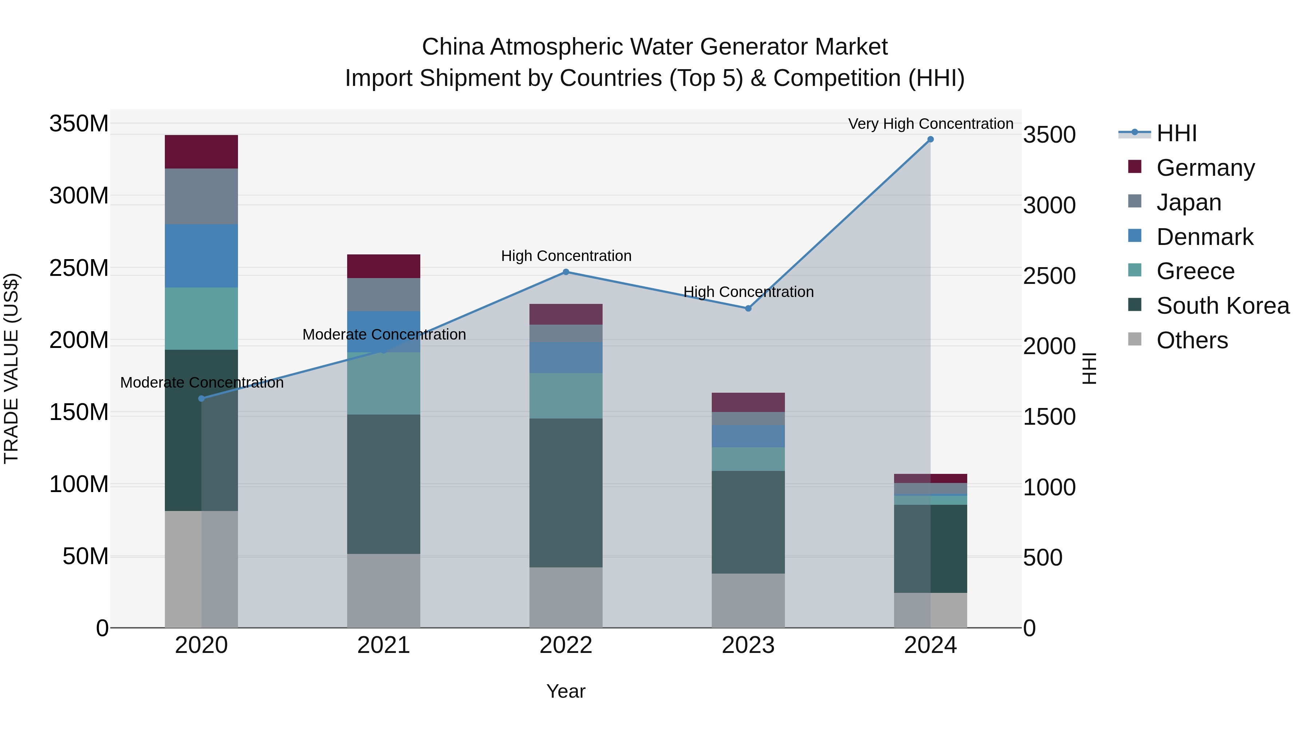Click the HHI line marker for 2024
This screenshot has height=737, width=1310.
click(930, 139)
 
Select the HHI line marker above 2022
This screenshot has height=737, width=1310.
click(566, 272)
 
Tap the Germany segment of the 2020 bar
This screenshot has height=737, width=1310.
click(201, 151)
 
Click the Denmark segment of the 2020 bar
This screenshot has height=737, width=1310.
click(201, 256)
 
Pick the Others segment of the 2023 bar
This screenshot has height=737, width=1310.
click(748, 600)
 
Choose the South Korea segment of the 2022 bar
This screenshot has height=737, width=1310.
click(566, 493)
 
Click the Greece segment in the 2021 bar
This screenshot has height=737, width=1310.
click(384, 384)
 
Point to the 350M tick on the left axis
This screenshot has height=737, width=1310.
click(79, 124)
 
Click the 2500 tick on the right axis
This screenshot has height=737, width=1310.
click(1049, 276)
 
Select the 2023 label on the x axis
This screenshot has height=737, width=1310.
click(748, 645)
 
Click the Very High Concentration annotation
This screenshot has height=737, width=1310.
click(930, 124)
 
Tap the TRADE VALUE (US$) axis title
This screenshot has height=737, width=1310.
click(11, 368)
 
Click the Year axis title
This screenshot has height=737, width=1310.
click(566, 691)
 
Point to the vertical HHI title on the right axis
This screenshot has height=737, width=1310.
click(1089, 368)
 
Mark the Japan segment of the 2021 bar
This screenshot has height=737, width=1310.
click(384, 294)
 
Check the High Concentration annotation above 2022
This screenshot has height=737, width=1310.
click(566, 256)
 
